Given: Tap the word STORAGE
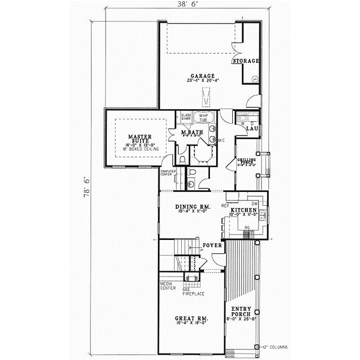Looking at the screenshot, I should pos(247,61).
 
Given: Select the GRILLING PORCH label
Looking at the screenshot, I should pos(247,162).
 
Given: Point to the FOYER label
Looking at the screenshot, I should pos(212,245).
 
